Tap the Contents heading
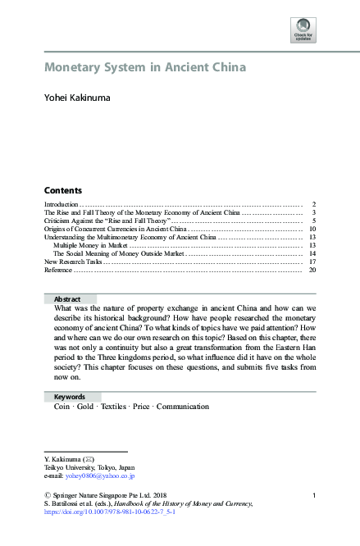coord(63,189)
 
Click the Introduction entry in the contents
coord(61,202)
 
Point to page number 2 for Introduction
coord(314,202)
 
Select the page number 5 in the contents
coord(314,221)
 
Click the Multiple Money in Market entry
coord(90,245)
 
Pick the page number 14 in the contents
coord(312,254)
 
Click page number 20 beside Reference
coord(312,271)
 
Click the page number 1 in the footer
coord(314,494)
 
